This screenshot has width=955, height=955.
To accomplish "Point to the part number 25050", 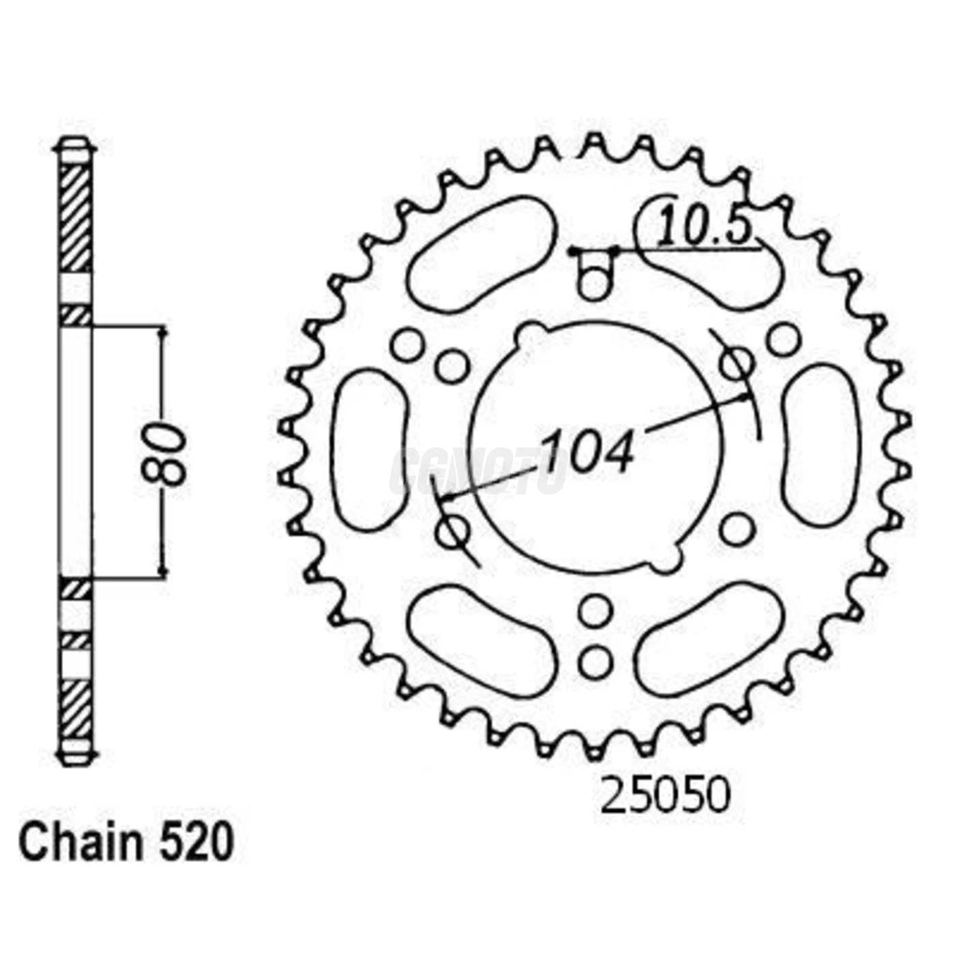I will (664, 795).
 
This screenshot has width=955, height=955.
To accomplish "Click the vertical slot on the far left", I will (370, 450).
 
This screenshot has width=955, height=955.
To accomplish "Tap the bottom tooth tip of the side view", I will (75, 757).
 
